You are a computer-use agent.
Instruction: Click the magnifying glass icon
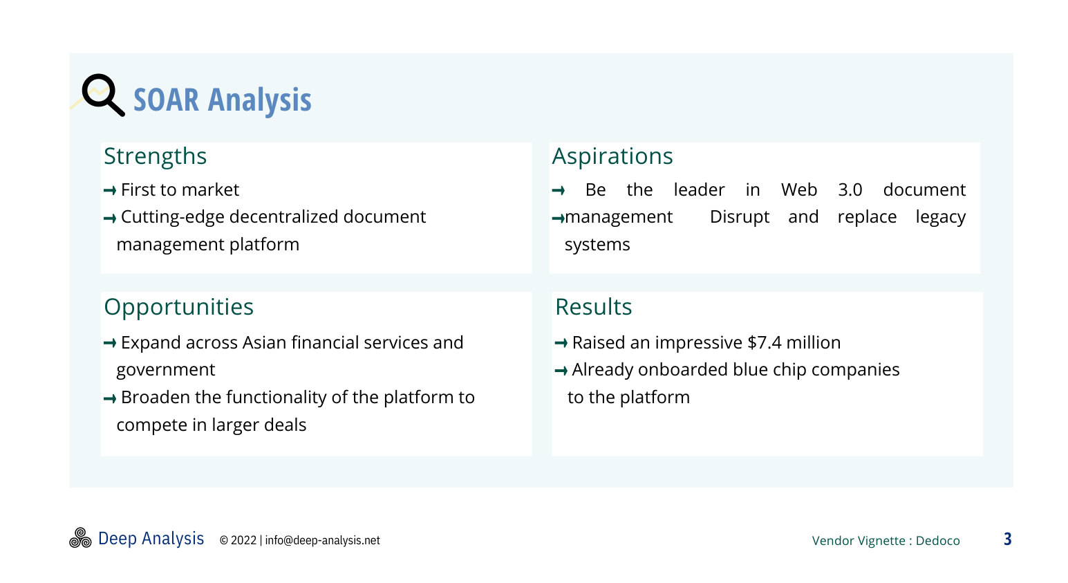103,95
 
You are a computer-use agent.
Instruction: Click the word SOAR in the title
166,100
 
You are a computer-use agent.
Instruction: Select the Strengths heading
155,156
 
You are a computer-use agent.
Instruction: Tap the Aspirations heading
612,156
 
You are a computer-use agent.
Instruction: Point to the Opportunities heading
179,307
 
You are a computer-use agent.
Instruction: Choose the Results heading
594,307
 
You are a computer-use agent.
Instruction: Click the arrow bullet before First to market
110,191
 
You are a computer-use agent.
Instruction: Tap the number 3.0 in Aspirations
850,190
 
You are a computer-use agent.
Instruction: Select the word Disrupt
740,218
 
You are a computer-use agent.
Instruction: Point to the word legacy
941,218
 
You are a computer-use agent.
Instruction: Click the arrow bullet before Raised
561,343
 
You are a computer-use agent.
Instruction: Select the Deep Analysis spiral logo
80,538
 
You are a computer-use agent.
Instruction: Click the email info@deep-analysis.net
322,541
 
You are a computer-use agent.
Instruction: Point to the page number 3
1007,539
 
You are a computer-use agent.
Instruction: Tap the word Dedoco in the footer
937,541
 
